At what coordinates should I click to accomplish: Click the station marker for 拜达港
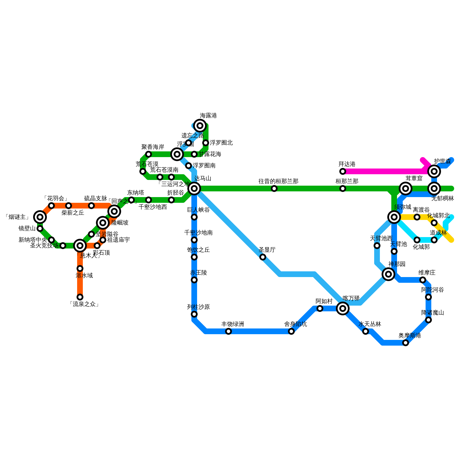point(343,171)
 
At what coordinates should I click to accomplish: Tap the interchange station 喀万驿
point(343,308)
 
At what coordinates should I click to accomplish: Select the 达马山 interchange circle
point(194,189)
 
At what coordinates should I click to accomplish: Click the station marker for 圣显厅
point(263,257)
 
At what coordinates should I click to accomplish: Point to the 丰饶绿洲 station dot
point(228,331)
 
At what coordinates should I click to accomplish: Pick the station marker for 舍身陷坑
point(291,331)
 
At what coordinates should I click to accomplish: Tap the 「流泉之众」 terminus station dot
point(80,297)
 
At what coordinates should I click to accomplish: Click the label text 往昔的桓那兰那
point(278,181)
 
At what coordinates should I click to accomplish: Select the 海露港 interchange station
point(200,126)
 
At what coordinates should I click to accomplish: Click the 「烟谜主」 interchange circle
point(40,217)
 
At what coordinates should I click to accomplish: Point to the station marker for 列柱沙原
point(194,314)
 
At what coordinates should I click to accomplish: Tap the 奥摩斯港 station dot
point(406,343)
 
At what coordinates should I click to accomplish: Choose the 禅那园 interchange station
point(388,274)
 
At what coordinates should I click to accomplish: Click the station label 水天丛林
point(370,324)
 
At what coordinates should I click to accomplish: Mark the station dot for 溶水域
point(80,268)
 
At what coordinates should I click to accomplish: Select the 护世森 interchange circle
point(434,171)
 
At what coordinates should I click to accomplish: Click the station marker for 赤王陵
point(194,280)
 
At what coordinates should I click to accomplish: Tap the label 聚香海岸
point(153,147)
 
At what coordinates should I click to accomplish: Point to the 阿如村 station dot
point(320,308)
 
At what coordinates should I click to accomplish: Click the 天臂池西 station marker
point(377,246)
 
